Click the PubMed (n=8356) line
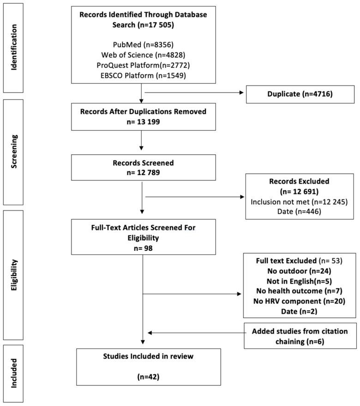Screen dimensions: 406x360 143,45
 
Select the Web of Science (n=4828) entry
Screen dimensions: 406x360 143,55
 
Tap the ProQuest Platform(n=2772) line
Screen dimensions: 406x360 143,66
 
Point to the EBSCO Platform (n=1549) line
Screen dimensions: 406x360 143,75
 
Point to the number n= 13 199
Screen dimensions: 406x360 143,121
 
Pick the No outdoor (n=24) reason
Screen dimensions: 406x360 300,271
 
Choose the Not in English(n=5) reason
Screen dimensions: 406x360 300,281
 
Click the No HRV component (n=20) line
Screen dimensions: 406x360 300,301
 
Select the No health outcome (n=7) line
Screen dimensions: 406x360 300,291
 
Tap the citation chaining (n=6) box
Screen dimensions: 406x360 300,336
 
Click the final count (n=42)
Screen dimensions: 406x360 149,376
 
